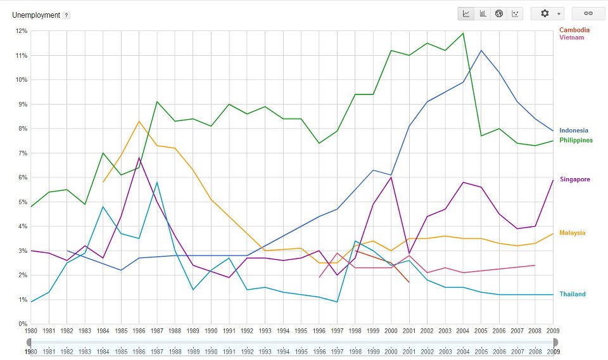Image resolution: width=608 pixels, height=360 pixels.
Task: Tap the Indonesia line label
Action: tap(574, 131)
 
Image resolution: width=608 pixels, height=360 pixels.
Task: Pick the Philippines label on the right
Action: tap(576, 140)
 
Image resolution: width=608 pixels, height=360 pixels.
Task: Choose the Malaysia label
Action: tap(573, 233)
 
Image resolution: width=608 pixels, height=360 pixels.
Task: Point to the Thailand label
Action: tap(573, 294)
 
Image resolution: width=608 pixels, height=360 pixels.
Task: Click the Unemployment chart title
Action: tap(36, 15)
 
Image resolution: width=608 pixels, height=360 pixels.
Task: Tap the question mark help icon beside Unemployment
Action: tap(66, 15)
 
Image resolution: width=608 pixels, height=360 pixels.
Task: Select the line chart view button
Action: tap(466, 13)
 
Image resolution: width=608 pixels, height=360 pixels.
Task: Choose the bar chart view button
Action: tap(483, 13)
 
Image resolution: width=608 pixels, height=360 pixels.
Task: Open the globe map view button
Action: tap(499, 13)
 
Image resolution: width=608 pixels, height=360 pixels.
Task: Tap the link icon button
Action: tap(588, 13)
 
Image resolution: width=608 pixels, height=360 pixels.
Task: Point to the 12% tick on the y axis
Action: tap(20, 31)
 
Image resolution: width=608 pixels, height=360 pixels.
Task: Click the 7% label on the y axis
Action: tap(22, 153)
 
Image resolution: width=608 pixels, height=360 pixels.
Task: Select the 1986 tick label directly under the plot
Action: tap(139, 331)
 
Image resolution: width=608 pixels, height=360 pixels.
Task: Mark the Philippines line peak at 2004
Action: tap(464, 33)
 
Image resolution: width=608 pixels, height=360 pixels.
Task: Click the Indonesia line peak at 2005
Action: tap(481, 50)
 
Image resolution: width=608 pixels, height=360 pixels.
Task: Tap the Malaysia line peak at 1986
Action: tap(139, 121)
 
